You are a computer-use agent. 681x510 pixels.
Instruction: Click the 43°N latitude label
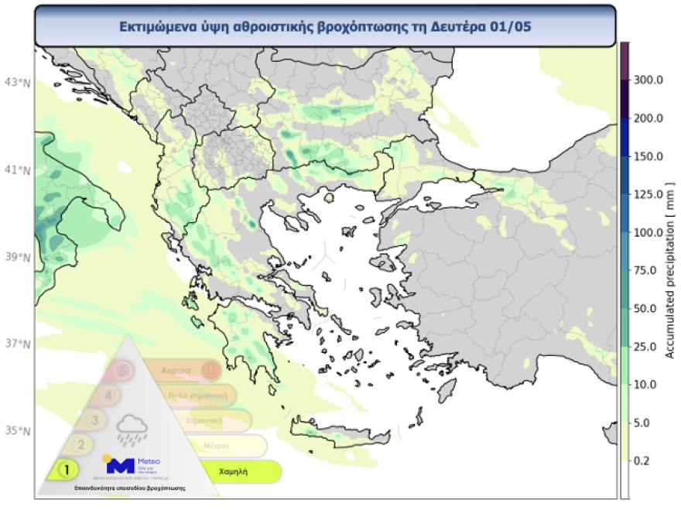(17, 81)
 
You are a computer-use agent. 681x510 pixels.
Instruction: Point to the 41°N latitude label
(17, 169)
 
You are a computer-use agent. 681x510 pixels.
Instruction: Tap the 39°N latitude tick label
(17, 256)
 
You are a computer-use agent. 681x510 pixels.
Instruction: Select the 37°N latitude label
(17, 343)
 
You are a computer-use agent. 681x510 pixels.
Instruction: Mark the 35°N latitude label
(17, 430)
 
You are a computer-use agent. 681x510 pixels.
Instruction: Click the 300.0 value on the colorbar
(649, 80)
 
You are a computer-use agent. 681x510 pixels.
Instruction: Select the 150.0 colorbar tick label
(649, 156)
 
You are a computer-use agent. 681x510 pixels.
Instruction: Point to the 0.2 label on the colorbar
(645, 460)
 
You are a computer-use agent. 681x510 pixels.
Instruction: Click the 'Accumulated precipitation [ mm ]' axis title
(670, 270)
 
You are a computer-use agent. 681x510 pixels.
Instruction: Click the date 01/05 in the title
(512, 26)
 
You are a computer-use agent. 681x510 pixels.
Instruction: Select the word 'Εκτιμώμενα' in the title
(154, 26)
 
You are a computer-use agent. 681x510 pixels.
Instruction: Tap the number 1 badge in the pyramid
(67, 469)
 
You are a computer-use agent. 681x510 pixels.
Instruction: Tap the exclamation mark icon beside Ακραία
(209, 370)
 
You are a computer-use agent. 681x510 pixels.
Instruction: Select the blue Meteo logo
(120, 465)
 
